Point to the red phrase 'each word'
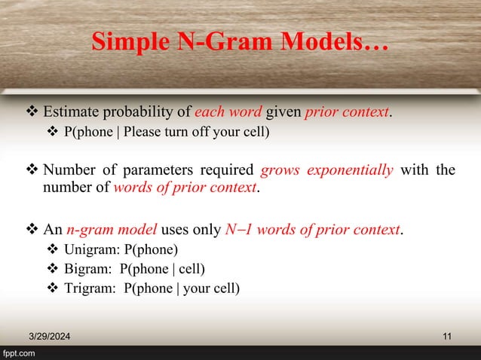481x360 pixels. (228, 113)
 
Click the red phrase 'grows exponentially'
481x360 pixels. (326, 170)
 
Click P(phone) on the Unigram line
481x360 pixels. (155, 250)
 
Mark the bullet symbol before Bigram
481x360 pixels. (53, 268)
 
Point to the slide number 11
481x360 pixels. (448, 334)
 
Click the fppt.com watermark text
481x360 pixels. (17, 352)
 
